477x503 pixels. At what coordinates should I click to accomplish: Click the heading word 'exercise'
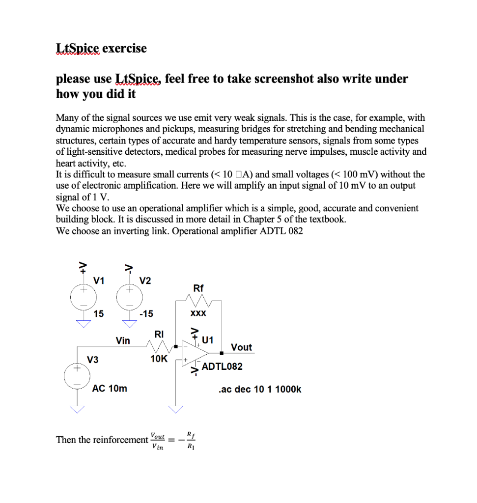124,48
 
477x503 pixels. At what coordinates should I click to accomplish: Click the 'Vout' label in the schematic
241,347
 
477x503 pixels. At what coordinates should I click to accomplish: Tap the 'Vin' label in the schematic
123,340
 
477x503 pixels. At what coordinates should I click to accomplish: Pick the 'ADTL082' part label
222,366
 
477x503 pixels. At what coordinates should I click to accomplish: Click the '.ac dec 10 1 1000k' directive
259,390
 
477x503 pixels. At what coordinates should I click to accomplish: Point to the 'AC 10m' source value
110,389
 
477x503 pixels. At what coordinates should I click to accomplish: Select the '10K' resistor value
159,359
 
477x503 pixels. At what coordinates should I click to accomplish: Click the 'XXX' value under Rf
198,313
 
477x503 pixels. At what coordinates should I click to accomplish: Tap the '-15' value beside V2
146,313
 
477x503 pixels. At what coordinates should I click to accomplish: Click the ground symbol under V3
77,409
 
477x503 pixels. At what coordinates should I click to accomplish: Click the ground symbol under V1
84,323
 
